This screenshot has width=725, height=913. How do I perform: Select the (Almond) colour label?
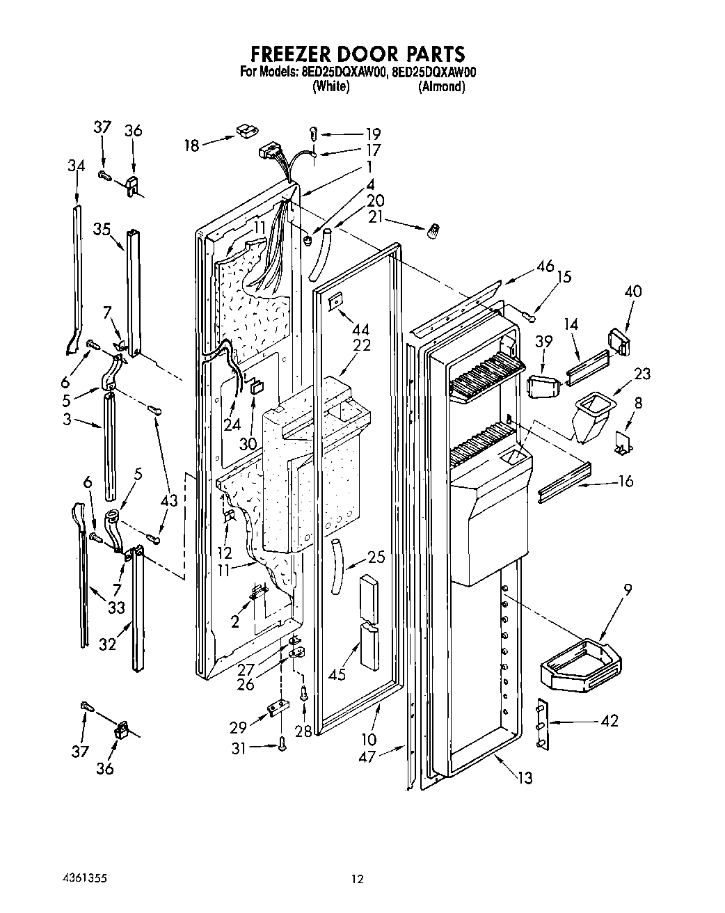(x=441, y=87)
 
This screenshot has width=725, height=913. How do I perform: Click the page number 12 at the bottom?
(x=357, y=880)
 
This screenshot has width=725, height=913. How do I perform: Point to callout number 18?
(x=191, y=145)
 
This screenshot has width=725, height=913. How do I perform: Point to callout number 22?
(x=362, y=344)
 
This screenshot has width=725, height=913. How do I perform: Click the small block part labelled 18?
(x=246, y=130)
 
